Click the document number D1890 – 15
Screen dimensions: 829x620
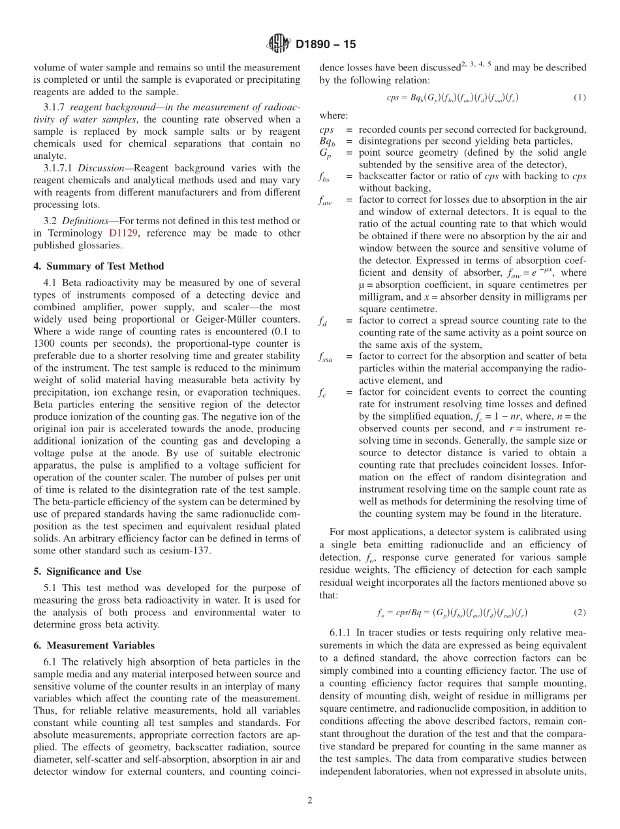tap(326, 45)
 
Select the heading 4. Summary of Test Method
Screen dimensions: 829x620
tap(99, 266)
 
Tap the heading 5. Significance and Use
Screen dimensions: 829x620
tap(87, 571)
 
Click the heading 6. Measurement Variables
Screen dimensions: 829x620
tap(94, 645)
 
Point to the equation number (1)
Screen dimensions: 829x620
tap(580, 98)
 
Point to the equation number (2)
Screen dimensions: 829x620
tap(580, 613)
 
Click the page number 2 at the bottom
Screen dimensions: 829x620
tap(310, 800)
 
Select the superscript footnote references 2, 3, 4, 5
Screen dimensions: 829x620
tap(477, 65)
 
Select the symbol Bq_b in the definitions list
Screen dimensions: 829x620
tap(328, 141)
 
